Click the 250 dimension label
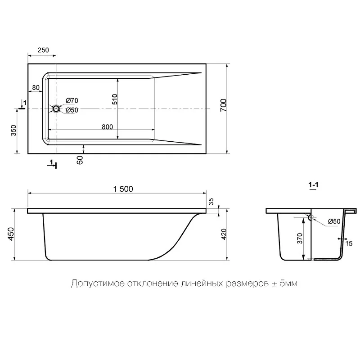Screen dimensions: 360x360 click(x=43, y=50)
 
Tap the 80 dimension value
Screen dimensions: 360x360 click(x=36, y=87)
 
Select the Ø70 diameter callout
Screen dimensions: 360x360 click(x=72, y=100)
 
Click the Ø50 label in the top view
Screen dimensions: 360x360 click(x=72, y=110)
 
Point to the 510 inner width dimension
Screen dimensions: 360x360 click(x=115, y=99)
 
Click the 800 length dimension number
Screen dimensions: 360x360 click(x=107, y=127)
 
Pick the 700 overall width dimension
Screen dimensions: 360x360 click(x=223, y=105)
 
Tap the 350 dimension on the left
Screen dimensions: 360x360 click(x=14, y=130)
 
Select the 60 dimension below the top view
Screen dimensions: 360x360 click(x=80, y=160)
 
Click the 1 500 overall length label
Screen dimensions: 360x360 click(x=123, y=189)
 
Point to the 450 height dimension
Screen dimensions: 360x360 click(x=11, y=234)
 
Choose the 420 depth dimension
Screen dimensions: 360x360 click(x=224, y=234)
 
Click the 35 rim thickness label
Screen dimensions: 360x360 click(x=211, y=202)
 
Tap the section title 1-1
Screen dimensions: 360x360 click(x=313, y=185)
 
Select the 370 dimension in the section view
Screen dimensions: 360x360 click(x=300, y=238)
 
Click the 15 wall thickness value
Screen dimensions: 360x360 click(x=349, y=243)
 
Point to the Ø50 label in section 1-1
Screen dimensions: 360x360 click(x=334, y=221)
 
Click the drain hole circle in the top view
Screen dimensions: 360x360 click(x=56, y=108)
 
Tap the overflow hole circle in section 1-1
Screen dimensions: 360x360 click(x=311, y=217)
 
